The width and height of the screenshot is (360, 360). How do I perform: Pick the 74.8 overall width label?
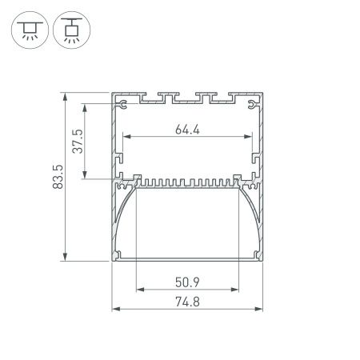click(188, 302)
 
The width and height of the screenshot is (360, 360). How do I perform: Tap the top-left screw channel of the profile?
click(122, 104)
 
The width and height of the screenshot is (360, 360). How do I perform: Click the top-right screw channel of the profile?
click(254, 104)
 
